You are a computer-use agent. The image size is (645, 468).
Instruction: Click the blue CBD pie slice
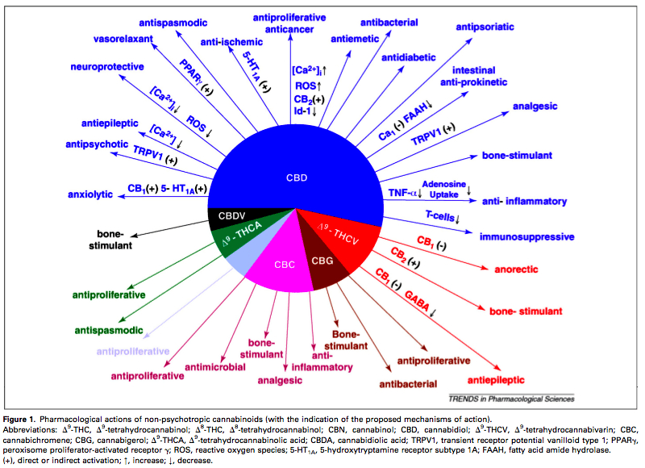click(296, 165)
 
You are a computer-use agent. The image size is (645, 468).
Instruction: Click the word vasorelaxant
click(123, 39)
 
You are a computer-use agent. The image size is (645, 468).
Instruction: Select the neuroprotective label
click(107, 67)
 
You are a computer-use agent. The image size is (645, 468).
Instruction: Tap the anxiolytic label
click(90, 194)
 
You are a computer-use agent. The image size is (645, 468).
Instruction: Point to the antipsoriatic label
click(485, 27)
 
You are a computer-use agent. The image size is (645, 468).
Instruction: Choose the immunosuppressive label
click(526, 237)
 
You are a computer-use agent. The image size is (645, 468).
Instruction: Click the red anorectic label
click(516, 270)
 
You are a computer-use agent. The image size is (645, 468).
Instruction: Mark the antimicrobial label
click(215, 367)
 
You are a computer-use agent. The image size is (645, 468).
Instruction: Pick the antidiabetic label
click(408, 57)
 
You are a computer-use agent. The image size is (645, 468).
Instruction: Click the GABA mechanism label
click(417, 300)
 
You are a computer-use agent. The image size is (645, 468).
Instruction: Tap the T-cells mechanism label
click(442, 216)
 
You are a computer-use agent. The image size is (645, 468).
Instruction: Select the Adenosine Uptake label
click(444, 190)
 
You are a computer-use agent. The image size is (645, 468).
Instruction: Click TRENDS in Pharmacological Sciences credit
click(511, 399)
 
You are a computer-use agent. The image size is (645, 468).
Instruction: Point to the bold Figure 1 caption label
click(19, 420)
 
